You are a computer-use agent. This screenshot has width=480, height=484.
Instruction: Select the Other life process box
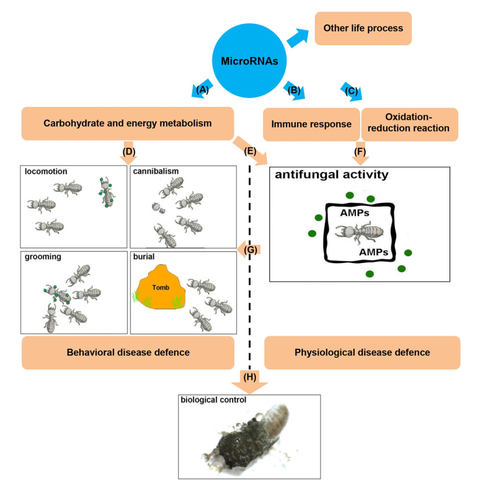(x=363, y=29)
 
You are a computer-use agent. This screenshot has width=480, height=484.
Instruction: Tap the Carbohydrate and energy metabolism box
(x=128, y=123)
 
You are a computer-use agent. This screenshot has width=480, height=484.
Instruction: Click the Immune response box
(x=311, y=124)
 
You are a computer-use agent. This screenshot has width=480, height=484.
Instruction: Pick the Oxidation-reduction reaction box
(x=409, y=124)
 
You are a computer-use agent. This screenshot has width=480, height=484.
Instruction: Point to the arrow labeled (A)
(x=204, y=87)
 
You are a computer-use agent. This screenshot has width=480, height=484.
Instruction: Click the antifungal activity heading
(x=332, y=175)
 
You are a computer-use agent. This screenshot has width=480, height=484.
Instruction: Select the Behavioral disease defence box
(x=128, y=352)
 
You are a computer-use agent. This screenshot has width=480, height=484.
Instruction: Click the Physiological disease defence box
(x=362, y=352)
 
